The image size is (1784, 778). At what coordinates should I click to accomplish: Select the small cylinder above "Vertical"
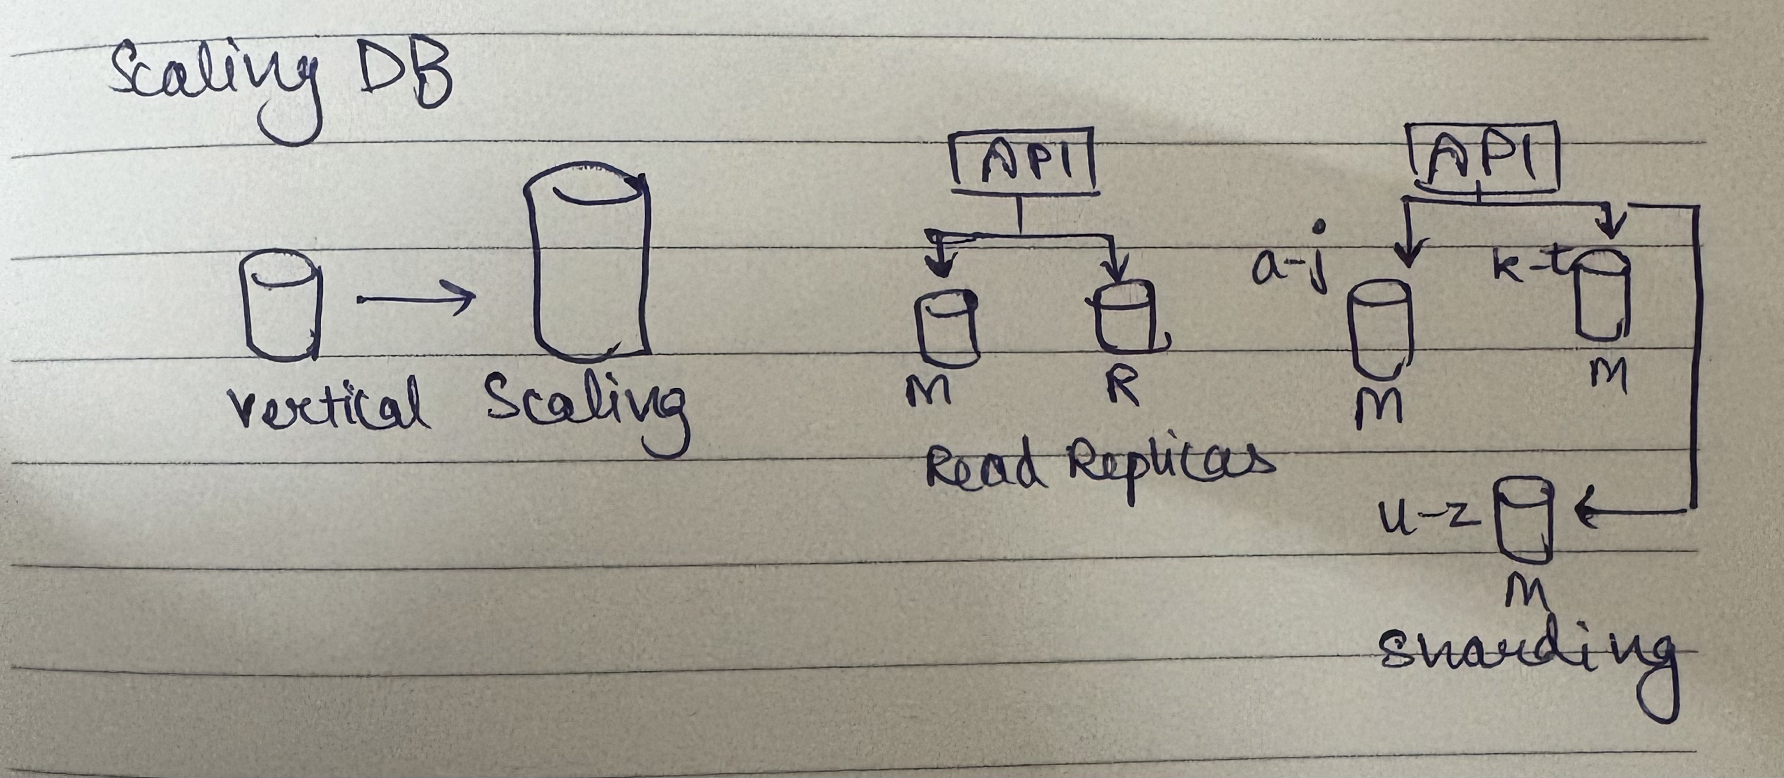[x=280, y=306]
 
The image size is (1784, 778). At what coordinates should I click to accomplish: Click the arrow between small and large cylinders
[x=415, y=299]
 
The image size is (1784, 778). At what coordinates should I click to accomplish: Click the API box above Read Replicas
[x=1022, y=161]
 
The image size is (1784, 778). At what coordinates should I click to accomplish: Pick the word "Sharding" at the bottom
[x=1524, y=654]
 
